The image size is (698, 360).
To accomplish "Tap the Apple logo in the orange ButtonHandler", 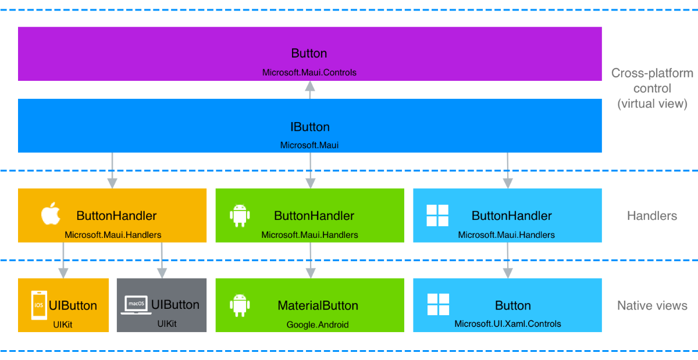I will (51, 215).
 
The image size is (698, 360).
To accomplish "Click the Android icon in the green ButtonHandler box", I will (240, 215).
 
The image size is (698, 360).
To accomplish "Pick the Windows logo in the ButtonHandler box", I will (437, 216).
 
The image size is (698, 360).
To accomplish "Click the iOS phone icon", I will (38, 305).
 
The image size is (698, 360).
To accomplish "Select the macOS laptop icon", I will (136, 305).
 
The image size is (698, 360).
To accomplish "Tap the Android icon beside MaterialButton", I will (240, 305).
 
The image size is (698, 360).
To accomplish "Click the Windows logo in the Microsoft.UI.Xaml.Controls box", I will (437, 305).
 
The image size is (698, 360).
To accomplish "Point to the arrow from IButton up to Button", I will (310, 90).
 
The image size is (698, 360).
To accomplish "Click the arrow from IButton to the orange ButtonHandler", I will (112, 170).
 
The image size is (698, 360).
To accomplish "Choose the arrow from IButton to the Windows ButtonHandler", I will (508, 170).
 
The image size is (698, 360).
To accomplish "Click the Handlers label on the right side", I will (652, 216).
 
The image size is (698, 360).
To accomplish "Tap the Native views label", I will (652, 305).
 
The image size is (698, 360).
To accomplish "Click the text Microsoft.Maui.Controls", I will (309, 73).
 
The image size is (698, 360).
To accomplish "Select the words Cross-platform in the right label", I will (652, 73).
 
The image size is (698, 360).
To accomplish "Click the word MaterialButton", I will (318, 305).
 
